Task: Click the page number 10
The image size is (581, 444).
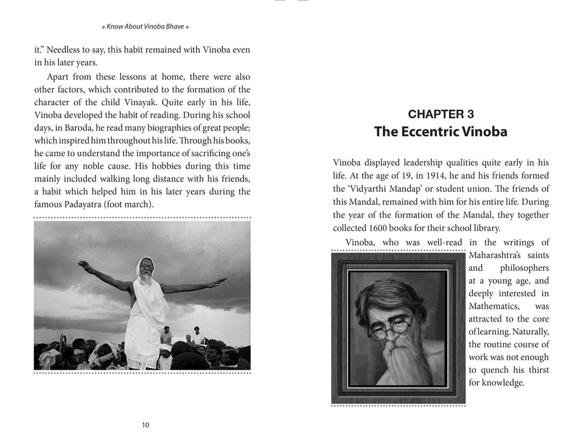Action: click(145, 425)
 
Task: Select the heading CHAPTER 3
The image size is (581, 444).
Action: click(441, 114)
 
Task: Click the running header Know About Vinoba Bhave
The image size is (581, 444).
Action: click(145, 27)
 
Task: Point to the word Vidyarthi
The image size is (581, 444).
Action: click(363, 188)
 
